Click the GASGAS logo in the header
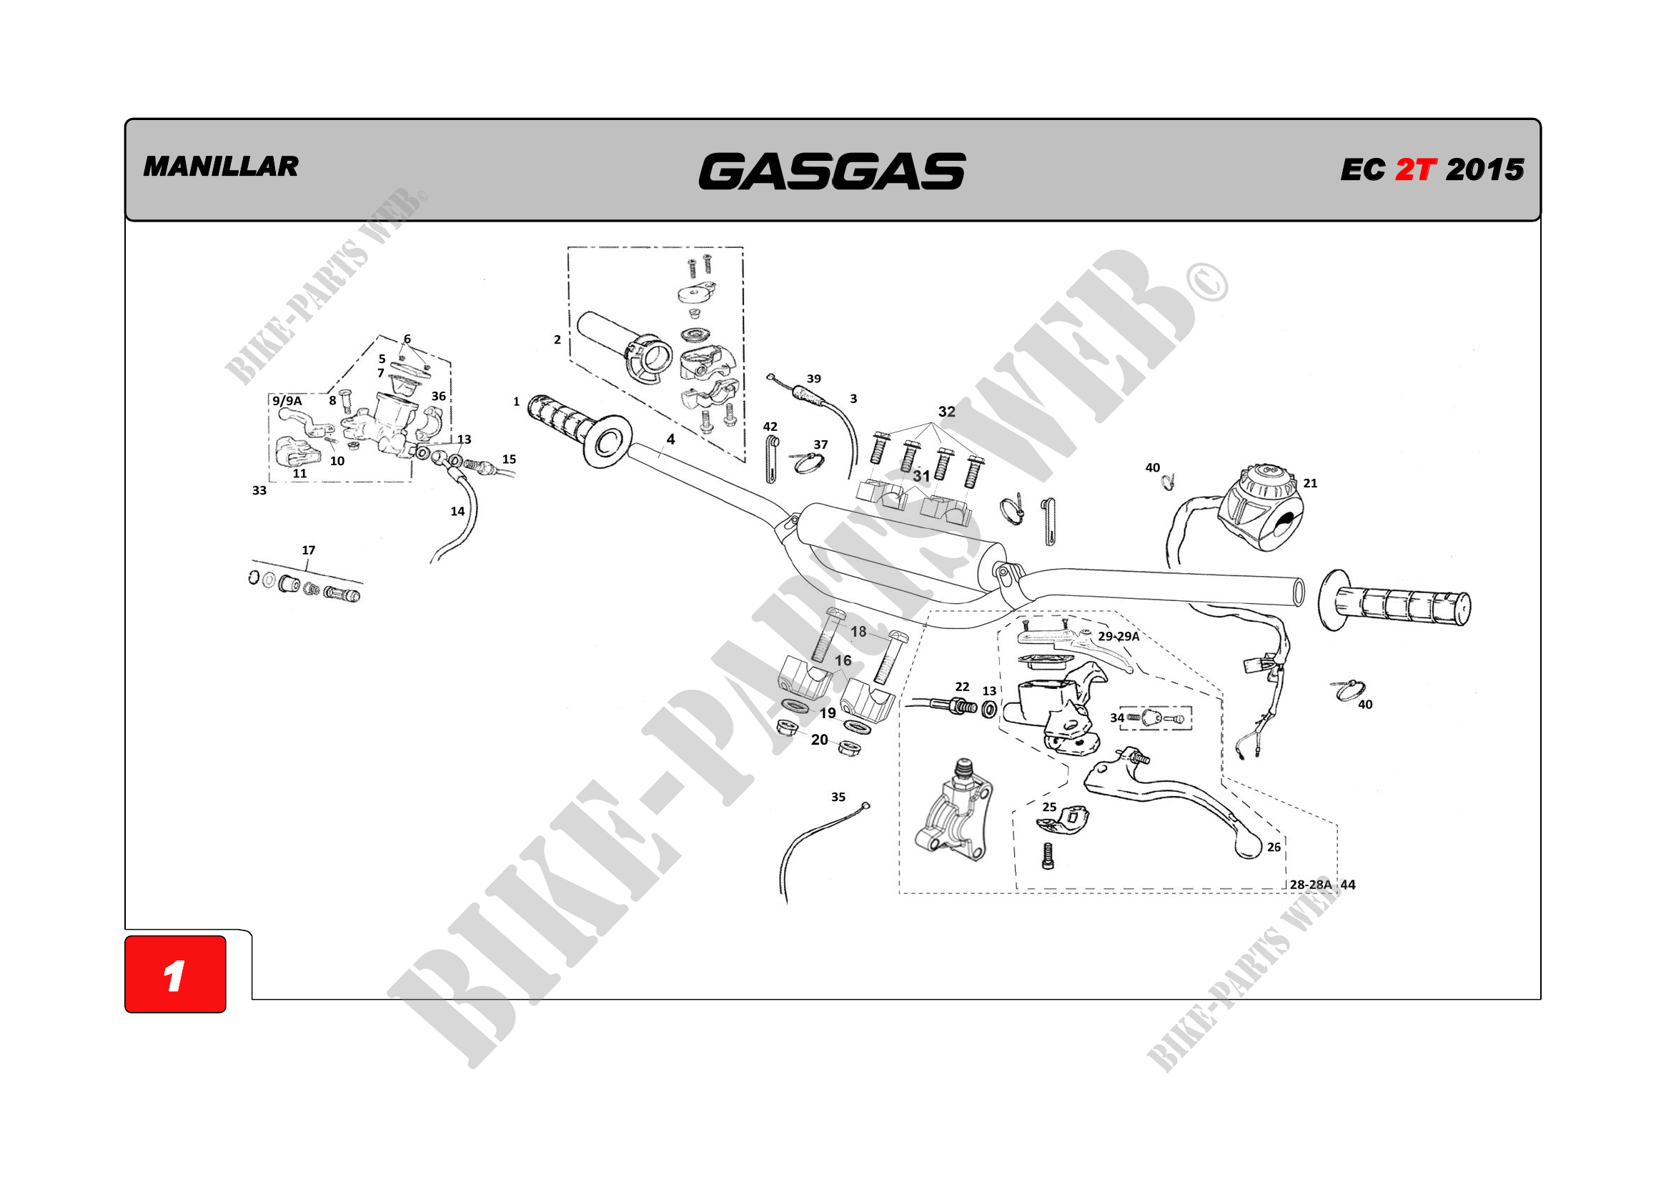point(832,171)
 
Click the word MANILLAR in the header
point(221,167)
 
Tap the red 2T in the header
point(1415,170)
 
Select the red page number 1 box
point(175,974)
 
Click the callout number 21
point(1310,483)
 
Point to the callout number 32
point(946,412)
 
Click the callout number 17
point(309,550)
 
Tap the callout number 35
point(838,797)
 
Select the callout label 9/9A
point(287,401)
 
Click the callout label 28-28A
point(1310,885)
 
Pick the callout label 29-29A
point(1119,636)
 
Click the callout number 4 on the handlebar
point(670,439)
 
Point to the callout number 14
point(457,512)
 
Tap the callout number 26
point(1274,848)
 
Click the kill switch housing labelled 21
point(1261,507)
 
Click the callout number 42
point(770,427)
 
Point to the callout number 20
point(820,740)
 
